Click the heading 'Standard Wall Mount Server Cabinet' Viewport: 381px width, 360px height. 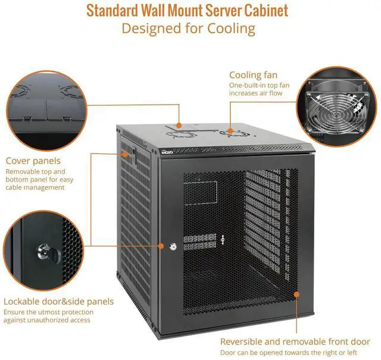point(187,11)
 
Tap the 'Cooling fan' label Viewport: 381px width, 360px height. point(254,75)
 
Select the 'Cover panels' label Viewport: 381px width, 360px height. point(33,161)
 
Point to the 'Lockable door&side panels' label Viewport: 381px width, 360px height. point(58,301)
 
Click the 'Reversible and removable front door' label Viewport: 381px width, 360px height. point(295,342)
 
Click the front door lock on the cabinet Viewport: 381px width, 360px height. point(171,245)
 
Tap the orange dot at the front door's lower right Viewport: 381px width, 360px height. point(296,293)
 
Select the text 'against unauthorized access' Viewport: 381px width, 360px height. point(47,320)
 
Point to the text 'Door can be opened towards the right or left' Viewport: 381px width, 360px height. point(295,353)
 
